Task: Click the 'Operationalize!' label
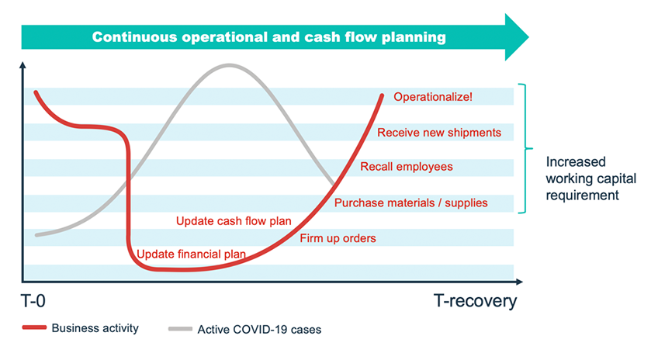click(x=433, y=97)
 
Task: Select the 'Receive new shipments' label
click(x=438, y=133)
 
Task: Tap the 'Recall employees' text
click(x=407, y=167)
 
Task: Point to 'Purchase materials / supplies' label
click(x=410, y=203)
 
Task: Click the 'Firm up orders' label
click(x=338, y=238)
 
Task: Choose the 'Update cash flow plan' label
click(x=234, y=221)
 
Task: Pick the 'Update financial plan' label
click(x=191, y=254)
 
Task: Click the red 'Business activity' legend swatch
click(x=33, y=328)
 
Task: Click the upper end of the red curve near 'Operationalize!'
click(x=382, y=95)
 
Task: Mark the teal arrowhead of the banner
click(x=515, y=36)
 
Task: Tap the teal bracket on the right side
click(x=528, y=147)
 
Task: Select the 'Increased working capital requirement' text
click(x=590, y=179)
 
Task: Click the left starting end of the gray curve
click(x=37, y=234)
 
